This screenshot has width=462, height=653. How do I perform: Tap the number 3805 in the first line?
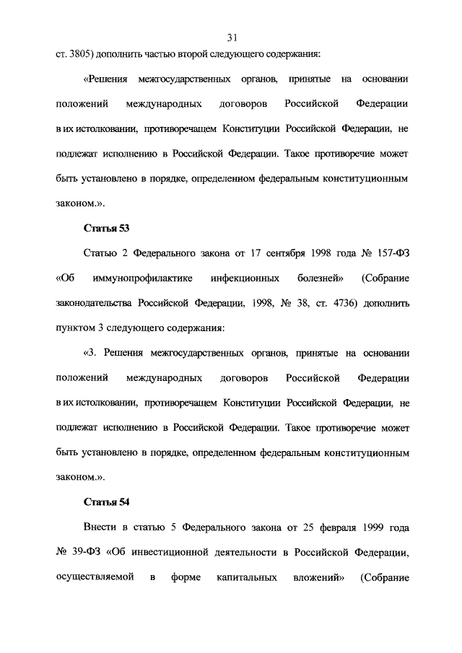75,53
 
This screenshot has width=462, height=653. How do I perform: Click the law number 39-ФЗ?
82,553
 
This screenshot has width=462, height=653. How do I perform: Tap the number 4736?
337,303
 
